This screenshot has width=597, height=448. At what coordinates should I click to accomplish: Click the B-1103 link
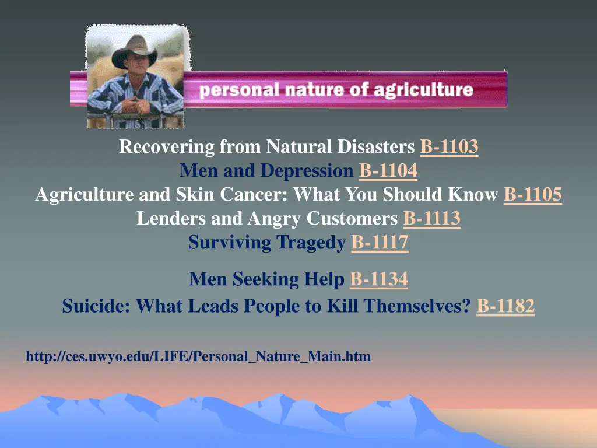point(449,148)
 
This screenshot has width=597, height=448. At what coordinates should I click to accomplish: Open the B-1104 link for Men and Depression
point(388,171)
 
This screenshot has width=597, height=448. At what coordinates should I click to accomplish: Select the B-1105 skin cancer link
point(532,195)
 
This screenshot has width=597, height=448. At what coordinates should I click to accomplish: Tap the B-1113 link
point(431,219)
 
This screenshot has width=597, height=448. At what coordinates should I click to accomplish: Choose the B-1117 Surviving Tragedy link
point(380,243)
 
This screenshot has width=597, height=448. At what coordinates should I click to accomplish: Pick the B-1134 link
point(378,280)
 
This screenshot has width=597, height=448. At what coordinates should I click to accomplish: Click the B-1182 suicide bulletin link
point(505,306)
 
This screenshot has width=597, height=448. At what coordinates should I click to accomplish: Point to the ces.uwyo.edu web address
point(198,356)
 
